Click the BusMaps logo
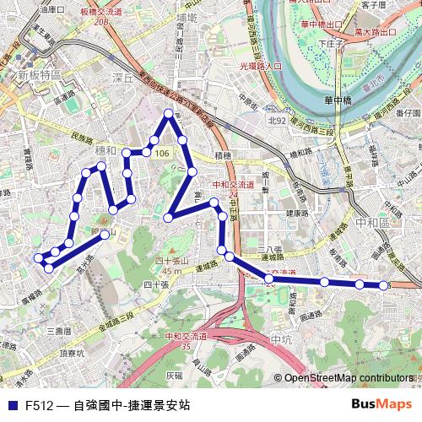pyautogui.click(x=381, y=404)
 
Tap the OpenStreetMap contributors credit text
pyautogui.click(x=349, y=380)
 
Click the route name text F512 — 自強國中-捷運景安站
pyautogui.click(x=107, y=405)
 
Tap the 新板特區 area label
pyautogui.click(x=38, y=75)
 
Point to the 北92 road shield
pyautogui.click(x=277, y=121)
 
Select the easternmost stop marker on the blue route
pyautogui.click(x=385, y=286)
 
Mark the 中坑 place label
pyautogui.click(x=280, y=338)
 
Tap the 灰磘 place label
pyautogui.click(x=174, y=375)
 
